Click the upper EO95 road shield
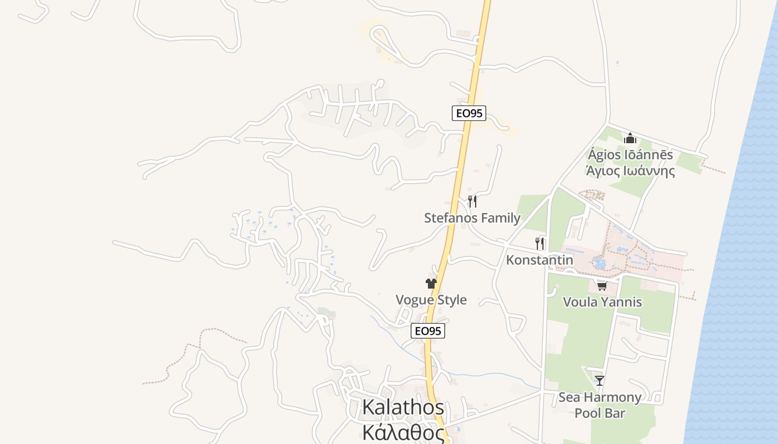point(468,113)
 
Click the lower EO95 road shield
point(428,331)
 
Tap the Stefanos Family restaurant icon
point(472,201)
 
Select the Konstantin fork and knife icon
point(540,243)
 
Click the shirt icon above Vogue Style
point(431,283)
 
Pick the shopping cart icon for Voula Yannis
point(602,286)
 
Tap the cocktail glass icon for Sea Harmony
point(600,381)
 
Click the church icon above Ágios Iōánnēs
point(630,138)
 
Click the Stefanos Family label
point(472,218)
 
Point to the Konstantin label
point(539,260)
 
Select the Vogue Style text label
point(431,300)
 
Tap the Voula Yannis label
point(602,302)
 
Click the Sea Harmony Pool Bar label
point(600,405)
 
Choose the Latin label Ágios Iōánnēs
point(630,155)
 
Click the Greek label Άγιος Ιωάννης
point(630,171)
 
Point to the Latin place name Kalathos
point(403,407)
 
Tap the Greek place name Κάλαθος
point(403,432)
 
